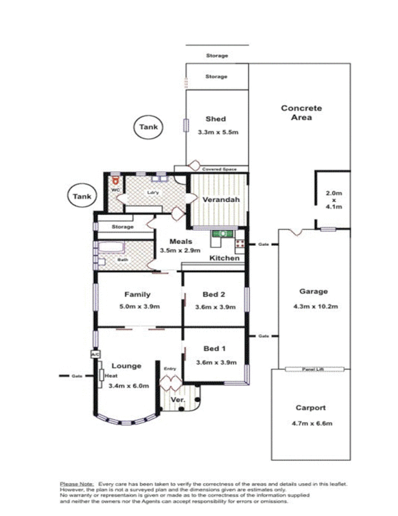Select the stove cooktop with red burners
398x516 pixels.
(x=240, y=244)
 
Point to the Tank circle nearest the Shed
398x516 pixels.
(x=148, y=127)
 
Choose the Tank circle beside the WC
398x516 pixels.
(x=82, y=196)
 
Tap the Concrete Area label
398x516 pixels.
(x=301, y=113)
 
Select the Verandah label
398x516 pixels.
(x=221, y=201)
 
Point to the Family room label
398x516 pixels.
(x=137, y=295)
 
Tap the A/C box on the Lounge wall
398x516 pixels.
(x=95, y=354)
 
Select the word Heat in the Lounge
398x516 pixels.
(x=111, y=375)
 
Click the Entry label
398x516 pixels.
(x=169, y=368)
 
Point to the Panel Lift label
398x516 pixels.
(x=311, y=370)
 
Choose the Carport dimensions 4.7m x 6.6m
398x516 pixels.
(x=310, y=423)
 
